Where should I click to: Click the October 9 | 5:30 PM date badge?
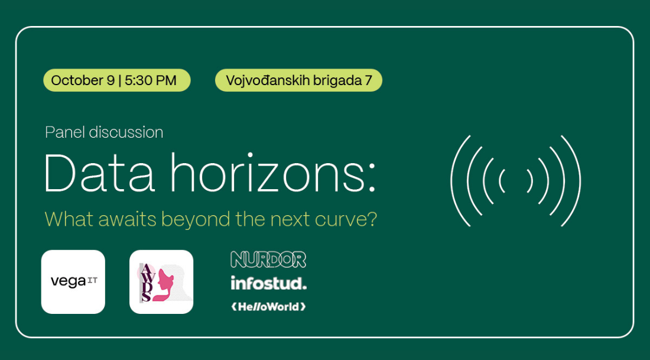[x=117, y=80]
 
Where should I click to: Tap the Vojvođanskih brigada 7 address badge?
[x=298, y=80]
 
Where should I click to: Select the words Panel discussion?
[x=104, y=132]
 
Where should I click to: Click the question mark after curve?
[x=371, y=219]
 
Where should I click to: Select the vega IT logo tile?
[x=73, y=282]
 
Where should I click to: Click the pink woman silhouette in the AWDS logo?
[x=164, y=283]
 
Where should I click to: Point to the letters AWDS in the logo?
[x=145, y=283]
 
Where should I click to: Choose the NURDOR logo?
[x=268, y=260]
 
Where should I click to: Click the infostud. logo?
[x=269, y=283]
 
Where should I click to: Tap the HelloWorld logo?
[x=269, y=307]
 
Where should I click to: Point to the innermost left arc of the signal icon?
[x=500, y=181]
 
